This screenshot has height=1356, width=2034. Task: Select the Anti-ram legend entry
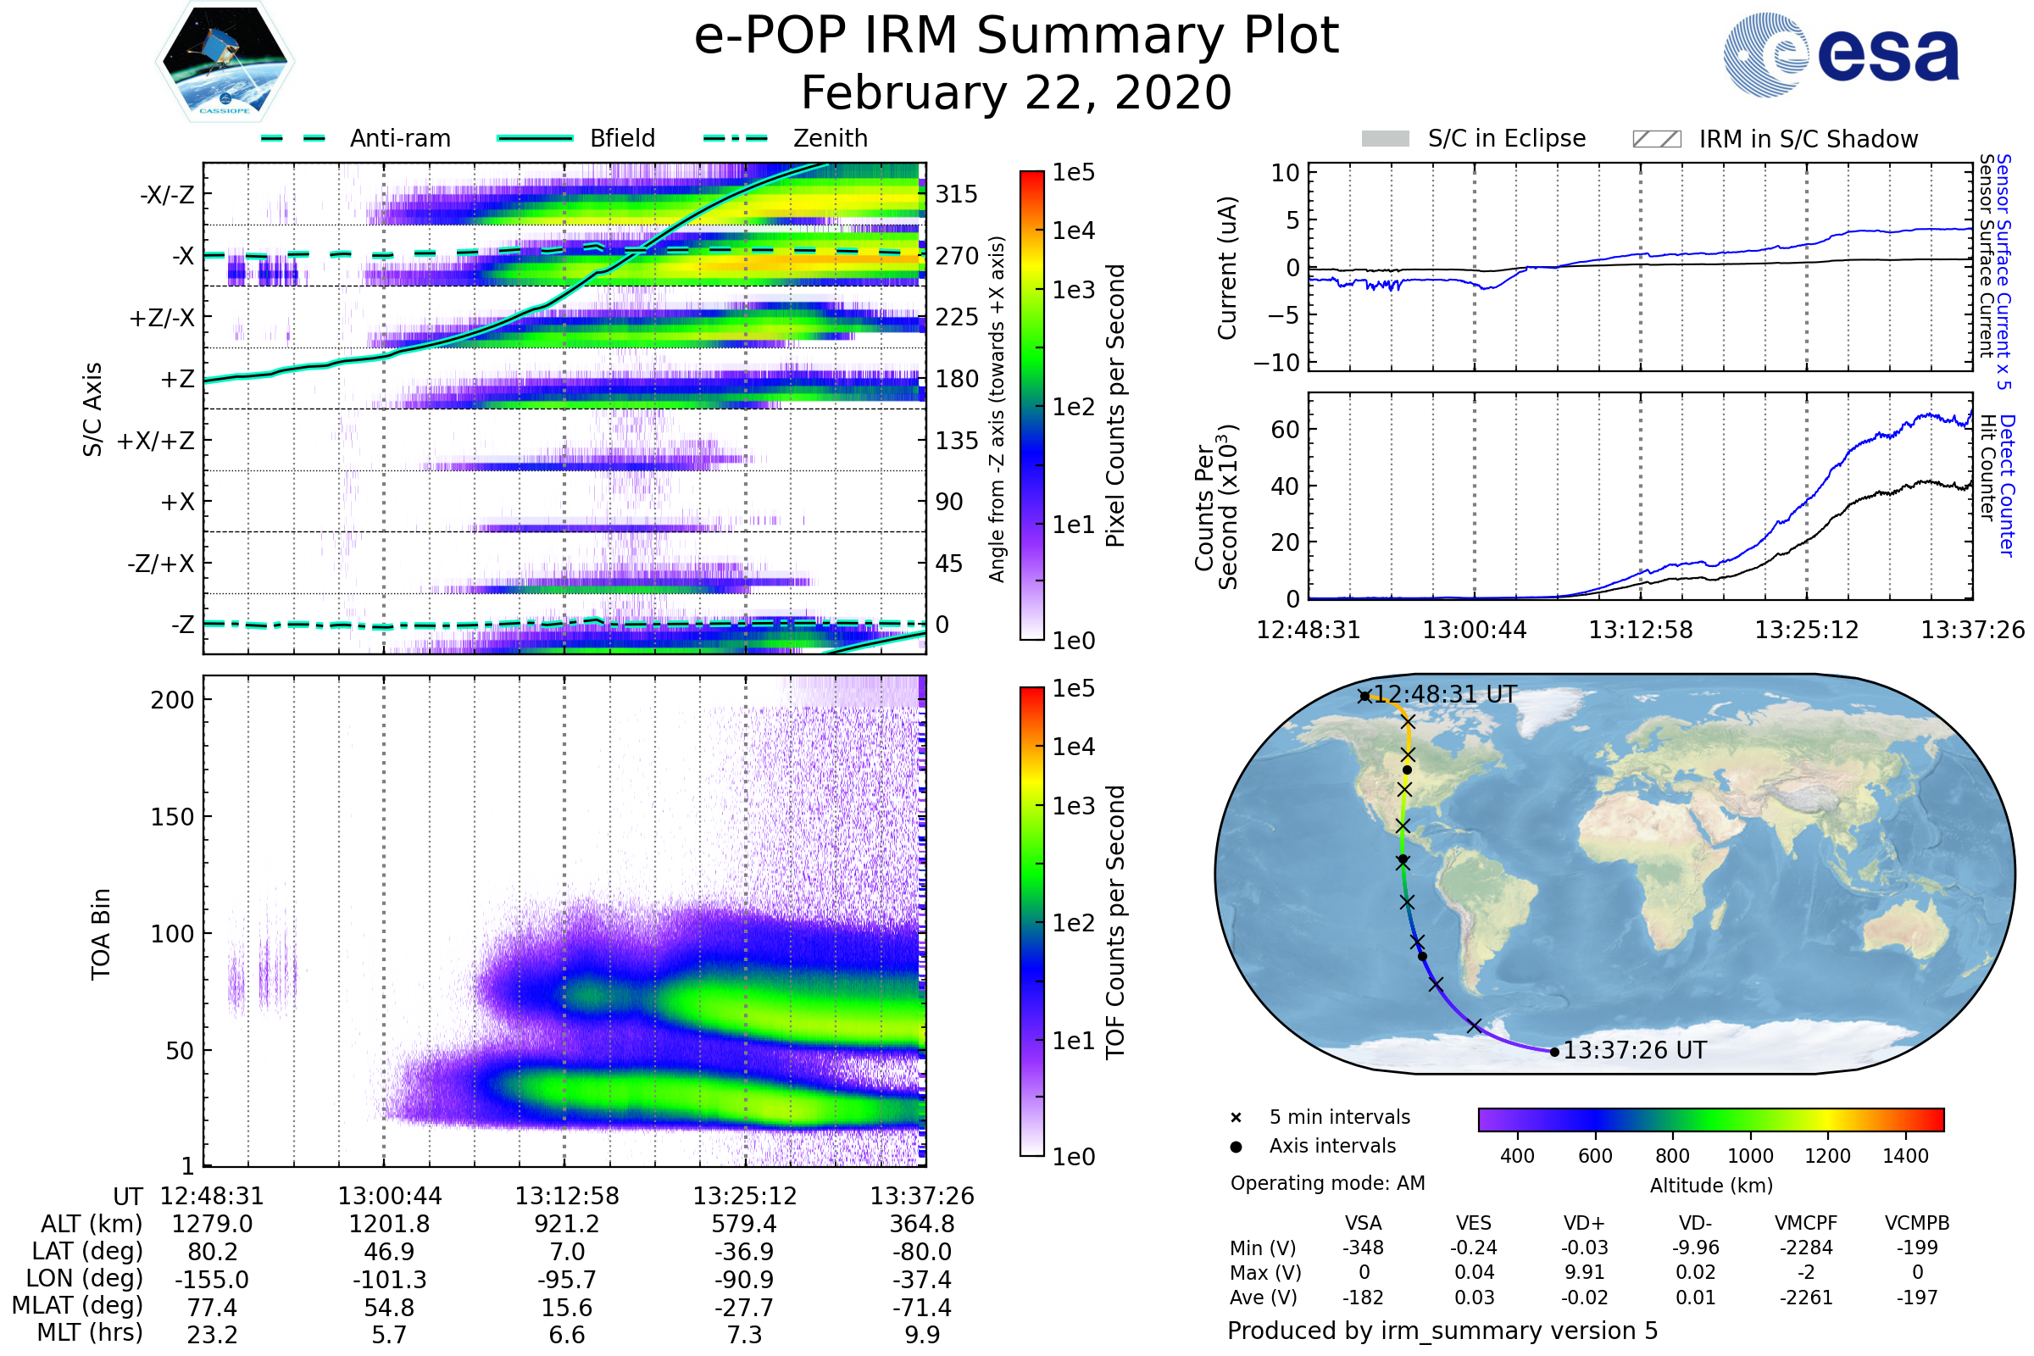[x=399, y=138]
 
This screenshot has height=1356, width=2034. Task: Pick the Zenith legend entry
[x=831, y=138]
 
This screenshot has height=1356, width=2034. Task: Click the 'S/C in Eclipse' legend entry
[x=1506, y=138]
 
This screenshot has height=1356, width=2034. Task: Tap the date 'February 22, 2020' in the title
[x=1016, y=92]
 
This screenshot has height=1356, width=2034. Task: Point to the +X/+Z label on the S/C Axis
[x=156, y=441]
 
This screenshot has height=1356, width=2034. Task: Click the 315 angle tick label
[x=956, y=194]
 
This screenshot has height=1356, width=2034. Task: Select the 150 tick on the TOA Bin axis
[x=172, y=817]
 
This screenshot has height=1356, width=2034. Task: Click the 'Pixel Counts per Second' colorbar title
[x=1114, y=406]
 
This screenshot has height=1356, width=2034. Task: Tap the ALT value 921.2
[x=566, y=1224]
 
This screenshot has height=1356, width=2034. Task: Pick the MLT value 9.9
[x=922, y=1334]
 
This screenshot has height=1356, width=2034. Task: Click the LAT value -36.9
[x=744, y=1252]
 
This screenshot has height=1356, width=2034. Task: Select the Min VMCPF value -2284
[x=1806, y=1248]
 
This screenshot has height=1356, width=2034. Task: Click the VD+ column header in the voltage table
[x=1583, y=1223]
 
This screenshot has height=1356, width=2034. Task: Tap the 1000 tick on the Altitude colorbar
[x=1749, y=1156]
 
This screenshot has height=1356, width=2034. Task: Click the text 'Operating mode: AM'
[x=1327, y=1183]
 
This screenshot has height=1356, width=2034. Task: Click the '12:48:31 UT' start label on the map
[x=1444, y=694]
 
